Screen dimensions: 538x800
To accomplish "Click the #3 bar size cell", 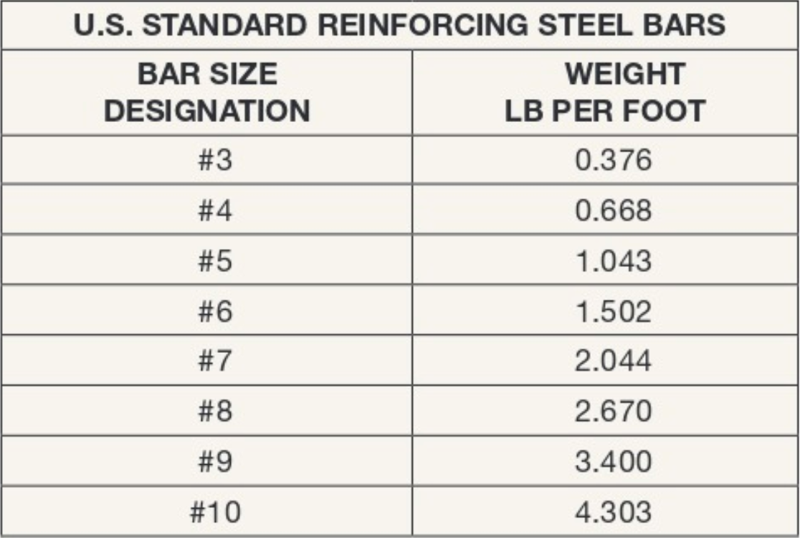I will coord(215,160).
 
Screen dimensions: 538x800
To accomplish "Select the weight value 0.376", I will coord(613,160).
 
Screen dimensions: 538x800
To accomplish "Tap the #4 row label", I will coord(215,211).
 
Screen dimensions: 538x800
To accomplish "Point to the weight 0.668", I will coord(613,211).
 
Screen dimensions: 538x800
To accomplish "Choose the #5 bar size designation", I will coord(215,261).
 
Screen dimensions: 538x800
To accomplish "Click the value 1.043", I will coord(613,261).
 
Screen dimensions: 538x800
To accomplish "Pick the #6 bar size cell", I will coord(215,311).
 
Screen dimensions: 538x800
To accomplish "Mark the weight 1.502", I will coord(613,311).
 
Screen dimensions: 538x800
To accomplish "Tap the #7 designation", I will coord(215,361).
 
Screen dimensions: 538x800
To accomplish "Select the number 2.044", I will coord(613,361).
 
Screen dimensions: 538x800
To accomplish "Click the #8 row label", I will coord(215,411).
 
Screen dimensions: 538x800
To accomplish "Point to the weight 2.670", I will coord(613,411).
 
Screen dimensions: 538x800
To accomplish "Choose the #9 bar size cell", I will coord(215,461).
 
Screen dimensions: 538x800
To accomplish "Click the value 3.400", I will coord(613,461).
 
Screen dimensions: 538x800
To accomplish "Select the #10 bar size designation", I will coord(215,512).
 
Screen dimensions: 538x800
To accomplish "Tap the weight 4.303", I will coord(613,512).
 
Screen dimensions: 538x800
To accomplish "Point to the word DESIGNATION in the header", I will coord(207,111).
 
